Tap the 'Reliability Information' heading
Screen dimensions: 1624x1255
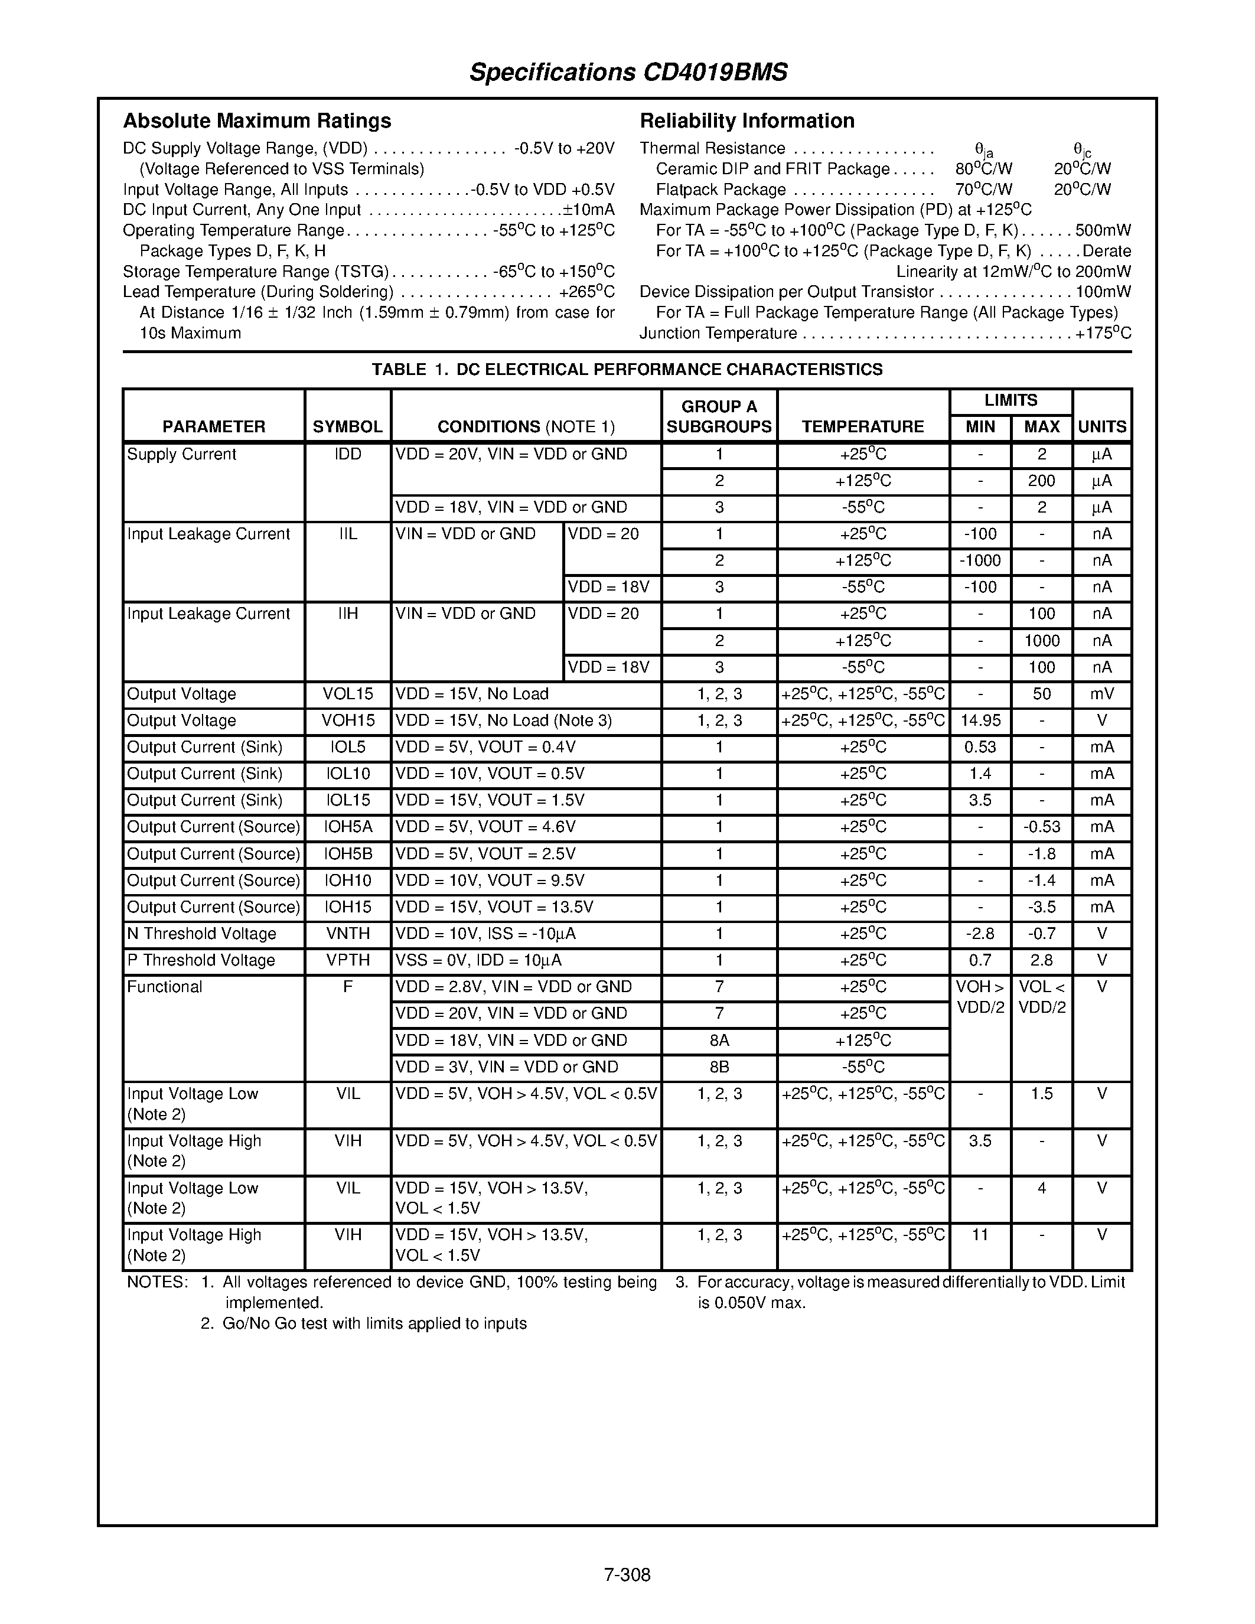pos(747,120)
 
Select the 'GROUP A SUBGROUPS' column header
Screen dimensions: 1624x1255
pos(719,416)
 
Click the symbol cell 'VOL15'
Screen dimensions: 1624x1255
pos(347,694)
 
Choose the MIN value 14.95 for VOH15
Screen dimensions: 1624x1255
pos(980,720)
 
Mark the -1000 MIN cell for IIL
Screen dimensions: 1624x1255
pos(980,560)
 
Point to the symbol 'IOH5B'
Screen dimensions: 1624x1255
pos(347,854)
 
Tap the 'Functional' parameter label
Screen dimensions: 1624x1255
pos(164,987)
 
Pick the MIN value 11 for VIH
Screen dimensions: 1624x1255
pos(980,1235)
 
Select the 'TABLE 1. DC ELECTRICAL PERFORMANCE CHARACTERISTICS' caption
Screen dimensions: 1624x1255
pos(627,370)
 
